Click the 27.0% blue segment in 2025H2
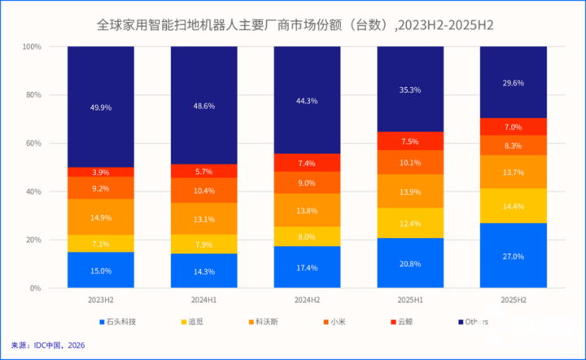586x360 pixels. [x=513, y=255]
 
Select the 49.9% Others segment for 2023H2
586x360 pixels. [x=101, y=107]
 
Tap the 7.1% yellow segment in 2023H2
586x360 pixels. [x=101, y=244]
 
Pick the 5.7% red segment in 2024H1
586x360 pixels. [x=203, y=171]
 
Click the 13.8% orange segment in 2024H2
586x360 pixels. [x=307, y=210]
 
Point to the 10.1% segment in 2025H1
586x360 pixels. [x=410, y=161]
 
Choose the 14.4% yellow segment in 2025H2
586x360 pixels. [x=513, y=206]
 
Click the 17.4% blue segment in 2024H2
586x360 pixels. [x=307, y=267]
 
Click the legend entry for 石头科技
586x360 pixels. [x=118, y=322]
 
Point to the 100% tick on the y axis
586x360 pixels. [x=31, y=47]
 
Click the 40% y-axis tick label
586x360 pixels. [x=33, y=192]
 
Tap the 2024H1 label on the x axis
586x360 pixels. [x=203, y=301]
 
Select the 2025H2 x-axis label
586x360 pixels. [x=513, y=301]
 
